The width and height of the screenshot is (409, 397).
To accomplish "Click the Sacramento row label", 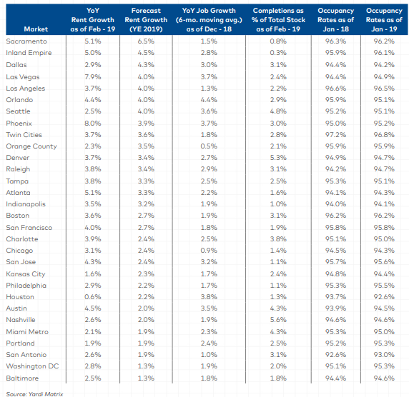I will coord(25,41).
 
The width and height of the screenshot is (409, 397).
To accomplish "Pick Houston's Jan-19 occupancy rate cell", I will coord(383,296).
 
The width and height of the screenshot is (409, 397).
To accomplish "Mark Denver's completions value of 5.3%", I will coord(278,157).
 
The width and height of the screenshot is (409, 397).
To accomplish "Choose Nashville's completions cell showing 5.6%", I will coord(278,319).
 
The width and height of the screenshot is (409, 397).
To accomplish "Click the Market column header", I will coord(36,29).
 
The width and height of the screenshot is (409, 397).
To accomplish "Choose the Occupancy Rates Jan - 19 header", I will coord(383,20).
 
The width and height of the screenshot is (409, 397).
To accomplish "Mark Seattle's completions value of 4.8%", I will coord(278,111).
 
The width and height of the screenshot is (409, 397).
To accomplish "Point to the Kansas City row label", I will coord(25,273).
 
